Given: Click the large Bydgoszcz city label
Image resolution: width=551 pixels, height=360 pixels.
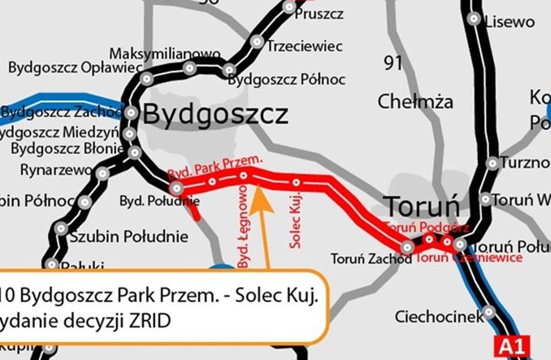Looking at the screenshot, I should (x=215, y=115).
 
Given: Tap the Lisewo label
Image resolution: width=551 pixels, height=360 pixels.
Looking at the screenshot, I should (x=509, y=21).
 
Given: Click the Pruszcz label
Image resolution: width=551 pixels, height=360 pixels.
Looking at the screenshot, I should (x=320, y=14).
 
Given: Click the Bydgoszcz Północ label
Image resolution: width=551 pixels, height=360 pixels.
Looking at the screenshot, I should (x=287, y=80).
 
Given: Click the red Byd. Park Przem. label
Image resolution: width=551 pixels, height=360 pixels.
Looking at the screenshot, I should (x=215, y=169).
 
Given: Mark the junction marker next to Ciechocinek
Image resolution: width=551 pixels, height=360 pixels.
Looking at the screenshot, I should (x=488, y=311).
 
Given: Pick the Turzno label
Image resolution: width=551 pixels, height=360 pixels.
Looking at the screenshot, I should (x=525, y=163).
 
